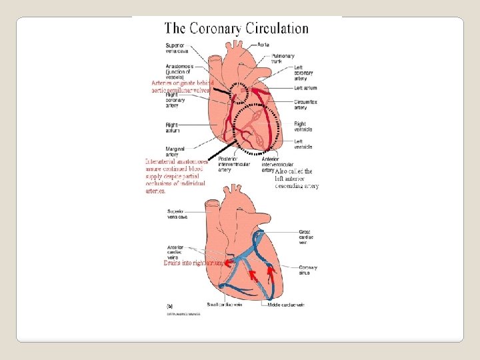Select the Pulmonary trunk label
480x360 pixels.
(282, 59)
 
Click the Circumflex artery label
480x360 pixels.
(305, 104)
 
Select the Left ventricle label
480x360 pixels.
(303, 144)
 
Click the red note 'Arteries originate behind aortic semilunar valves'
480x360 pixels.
(181, 86)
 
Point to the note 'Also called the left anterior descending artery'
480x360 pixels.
(297, 179)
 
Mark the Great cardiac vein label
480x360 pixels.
(307, 236)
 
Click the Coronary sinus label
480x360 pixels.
(308, 269)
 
